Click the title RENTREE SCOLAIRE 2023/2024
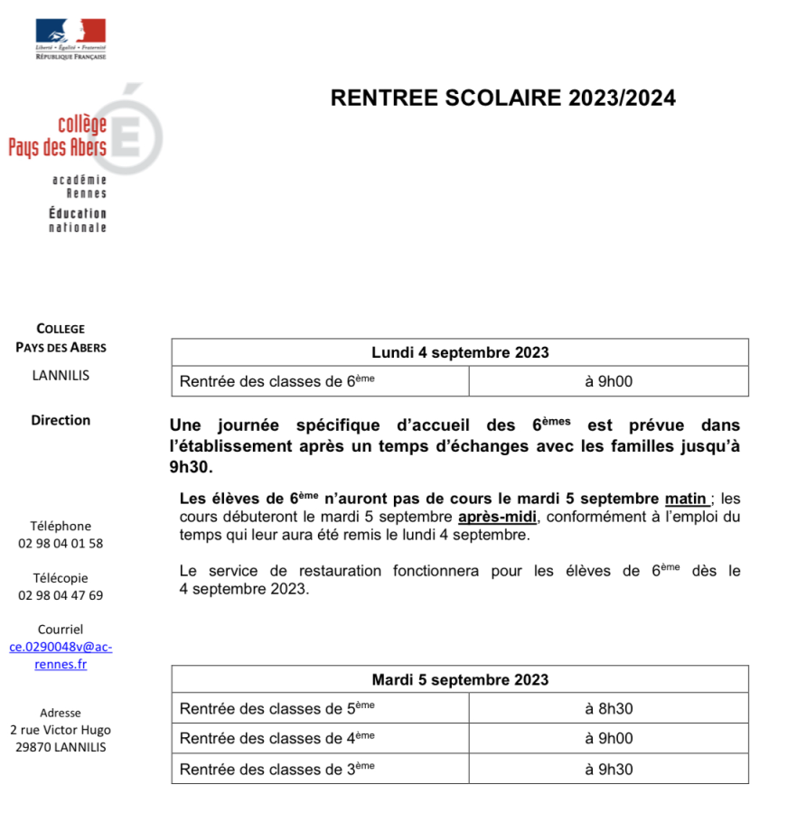(x=502, y=98)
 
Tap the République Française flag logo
(x=70, y=38)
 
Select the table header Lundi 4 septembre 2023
(x=460, y=352)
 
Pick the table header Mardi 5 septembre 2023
(x=460, y=679)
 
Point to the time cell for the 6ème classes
(x=608, y=381)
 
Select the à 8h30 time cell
(x=608, y=709)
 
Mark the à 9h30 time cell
(x=608, y=769)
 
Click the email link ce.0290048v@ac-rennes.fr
(x=61, y=656)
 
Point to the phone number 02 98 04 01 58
(x=61, y=544)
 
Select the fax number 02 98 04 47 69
(x=61, y=595)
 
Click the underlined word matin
(x=685, y=499)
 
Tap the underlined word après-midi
(x=497, y=517)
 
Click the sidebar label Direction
(x=61, y=420)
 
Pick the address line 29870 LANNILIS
(x=61, y=747)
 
